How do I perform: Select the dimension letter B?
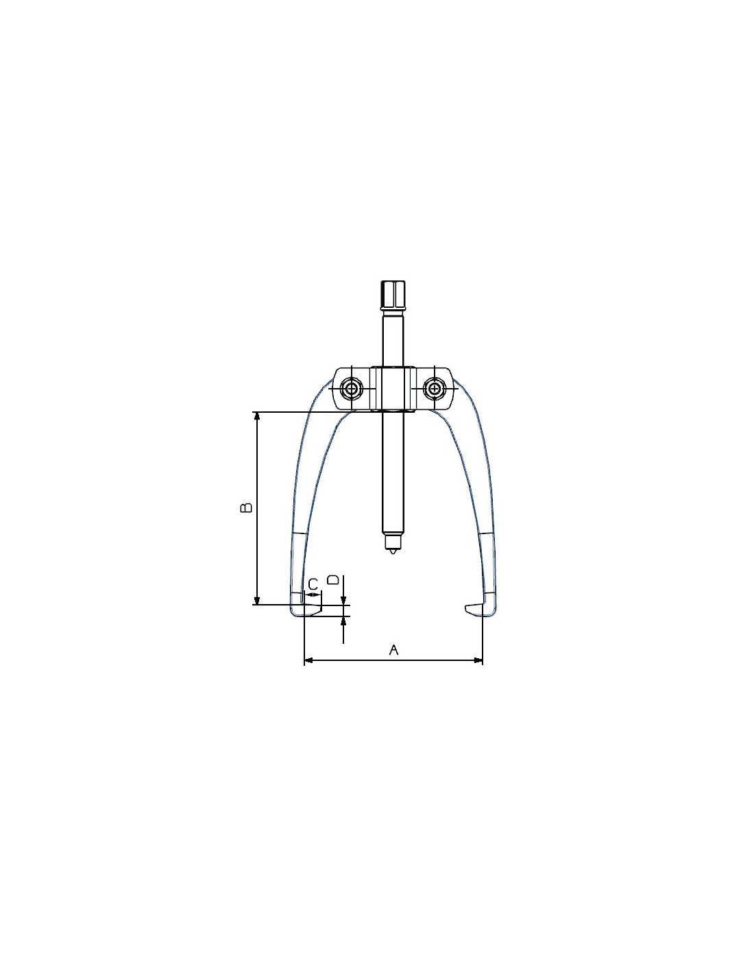point(246,507)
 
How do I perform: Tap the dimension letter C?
point(313,583)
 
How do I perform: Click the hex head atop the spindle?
point(393,297)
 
